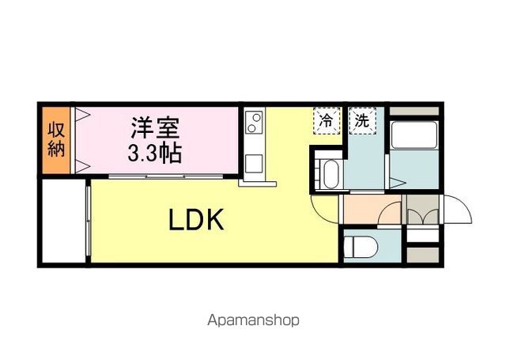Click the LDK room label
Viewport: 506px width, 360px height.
(198, 220)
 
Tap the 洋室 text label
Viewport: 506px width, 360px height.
(155, 126)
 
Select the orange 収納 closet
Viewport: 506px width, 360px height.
(55, 140)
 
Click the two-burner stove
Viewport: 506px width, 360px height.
(255, 123)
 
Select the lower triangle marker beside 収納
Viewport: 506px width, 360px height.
(79, 166)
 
